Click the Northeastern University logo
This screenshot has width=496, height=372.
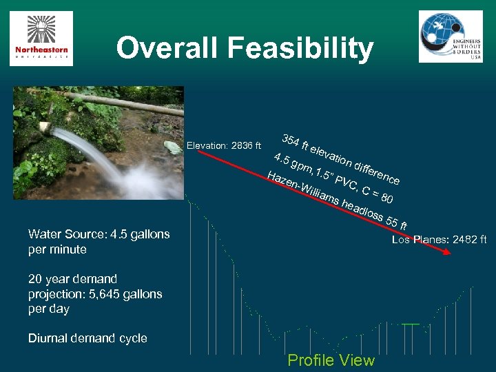41,39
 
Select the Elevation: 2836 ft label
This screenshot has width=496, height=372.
224,145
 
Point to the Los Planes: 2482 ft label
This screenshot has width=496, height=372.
439,240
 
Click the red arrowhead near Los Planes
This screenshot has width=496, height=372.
447,252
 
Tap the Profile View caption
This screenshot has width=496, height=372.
331,360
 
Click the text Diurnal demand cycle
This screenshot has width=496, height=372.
87,338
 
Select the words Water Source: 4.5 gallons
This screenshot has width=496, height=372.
99,234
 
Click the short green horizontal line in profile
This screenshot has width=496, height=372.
411,323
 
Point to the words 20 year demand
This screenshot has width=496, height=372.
73,279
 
